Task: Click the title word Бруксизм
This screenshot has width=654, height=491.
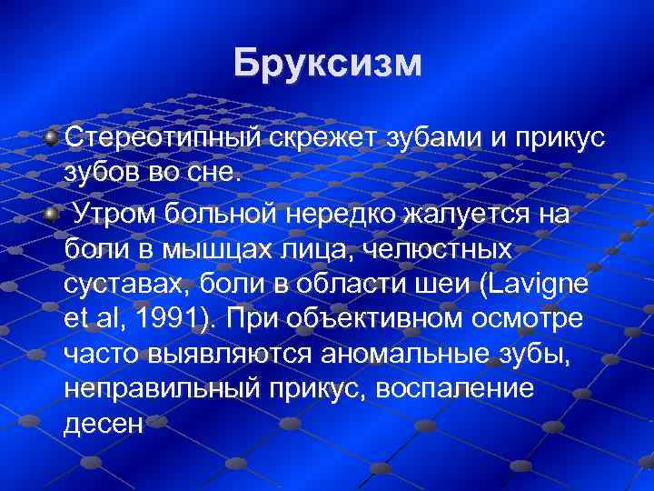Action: pyautogui.click(x=327, y=64)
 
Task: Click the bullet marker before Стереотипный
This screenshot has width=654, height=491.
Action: pyautogui.click(x=52, y=136)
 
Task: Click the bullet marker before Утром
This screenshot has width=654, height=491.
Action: pyautogui.click(x=52, y=212)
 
